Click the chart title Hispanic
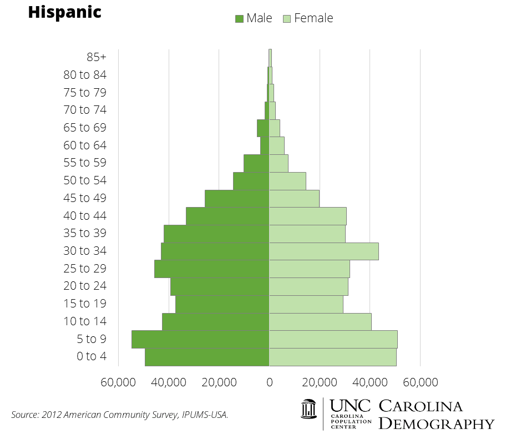(64, 12)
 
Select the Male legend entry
(254, 18)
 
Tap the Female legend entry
(308, 18)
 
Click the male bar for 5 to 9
(200, 339)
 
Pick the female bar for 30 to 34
(323, 251)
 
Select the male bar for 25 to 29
(211, 269)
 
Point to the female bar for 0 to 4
(332, 357)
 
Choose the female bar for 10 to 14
(320, 321)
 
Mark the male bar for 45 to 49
(237, 198)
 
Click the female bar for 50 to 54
(287, 180)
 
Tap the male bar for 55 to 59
(256, 163)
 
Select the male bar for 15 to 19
(222, 304)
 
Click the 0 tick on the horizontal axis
(270, 382)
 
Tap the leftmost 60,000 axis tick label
(118, 382)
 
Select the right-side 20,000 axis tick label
(320, 382)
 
